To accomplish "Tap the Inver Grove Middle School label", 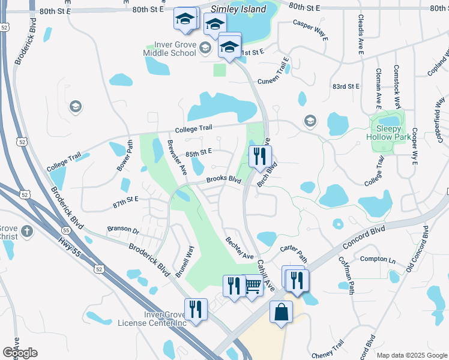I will point(170,48).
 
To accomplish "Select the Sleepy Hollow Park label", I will point(389,133).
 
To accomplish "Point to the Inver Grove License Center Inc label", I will point(152,319).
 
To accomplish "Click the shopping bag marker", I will point(281,312).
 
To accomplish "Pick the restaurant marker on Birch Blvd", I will point(259,155).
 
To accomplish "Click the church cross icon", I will point(27,231).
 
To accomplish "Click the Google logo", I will point(20,353).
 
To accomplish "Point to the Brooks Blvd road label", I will point(224,180).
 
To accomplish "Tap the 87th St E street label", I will point(125,199).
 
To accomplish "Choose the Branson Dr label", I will point(123,230).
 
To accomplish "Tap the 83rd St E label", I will point(346,86).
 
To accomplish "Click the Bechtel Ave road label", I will point(240,248).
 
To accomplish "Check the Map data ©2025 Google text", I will point(411,355).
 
